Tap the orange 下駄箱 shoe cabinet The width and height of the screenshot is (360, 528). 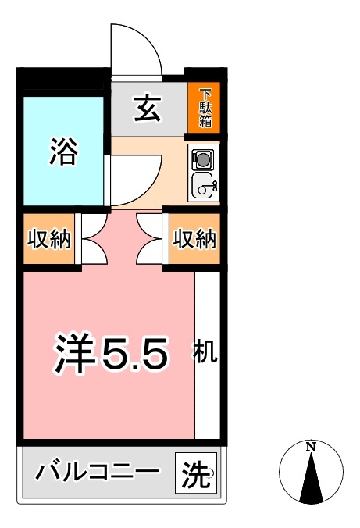(205, 108)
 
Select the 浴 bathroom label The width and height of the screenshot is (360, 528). (64, 152)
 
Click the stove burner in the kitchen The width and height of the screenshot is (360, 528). (203, 159)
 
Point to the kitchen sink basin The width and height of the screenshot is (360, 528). (205, 187)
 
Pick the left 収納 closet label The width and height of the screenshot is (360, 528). (49, 240)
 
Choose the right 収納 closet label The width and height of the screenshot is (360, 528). (194, 240)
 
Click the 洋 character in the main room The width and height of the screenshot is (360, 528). (74, 354)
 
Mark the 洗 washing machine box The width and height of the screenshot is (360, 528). (197, 473)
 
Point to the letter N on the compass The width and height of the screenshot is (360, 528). (311, 447)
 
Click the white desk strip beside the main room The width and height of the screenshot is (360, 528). (207, 391)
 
